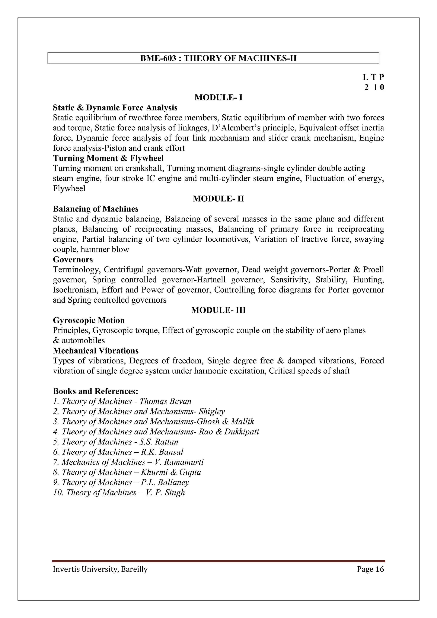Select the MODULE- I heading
218,98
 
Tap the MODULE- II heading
218,199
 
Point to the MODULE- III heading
218,310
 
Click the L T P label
373,77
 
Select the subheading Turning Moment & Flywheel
108,158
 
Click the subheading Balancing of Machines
96,209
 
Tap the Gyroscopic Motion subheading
89,320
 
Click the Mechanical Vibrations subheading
96,351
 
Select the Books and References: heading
96,391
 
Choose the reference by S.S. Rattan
116,442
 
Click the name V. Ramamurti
179,462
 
